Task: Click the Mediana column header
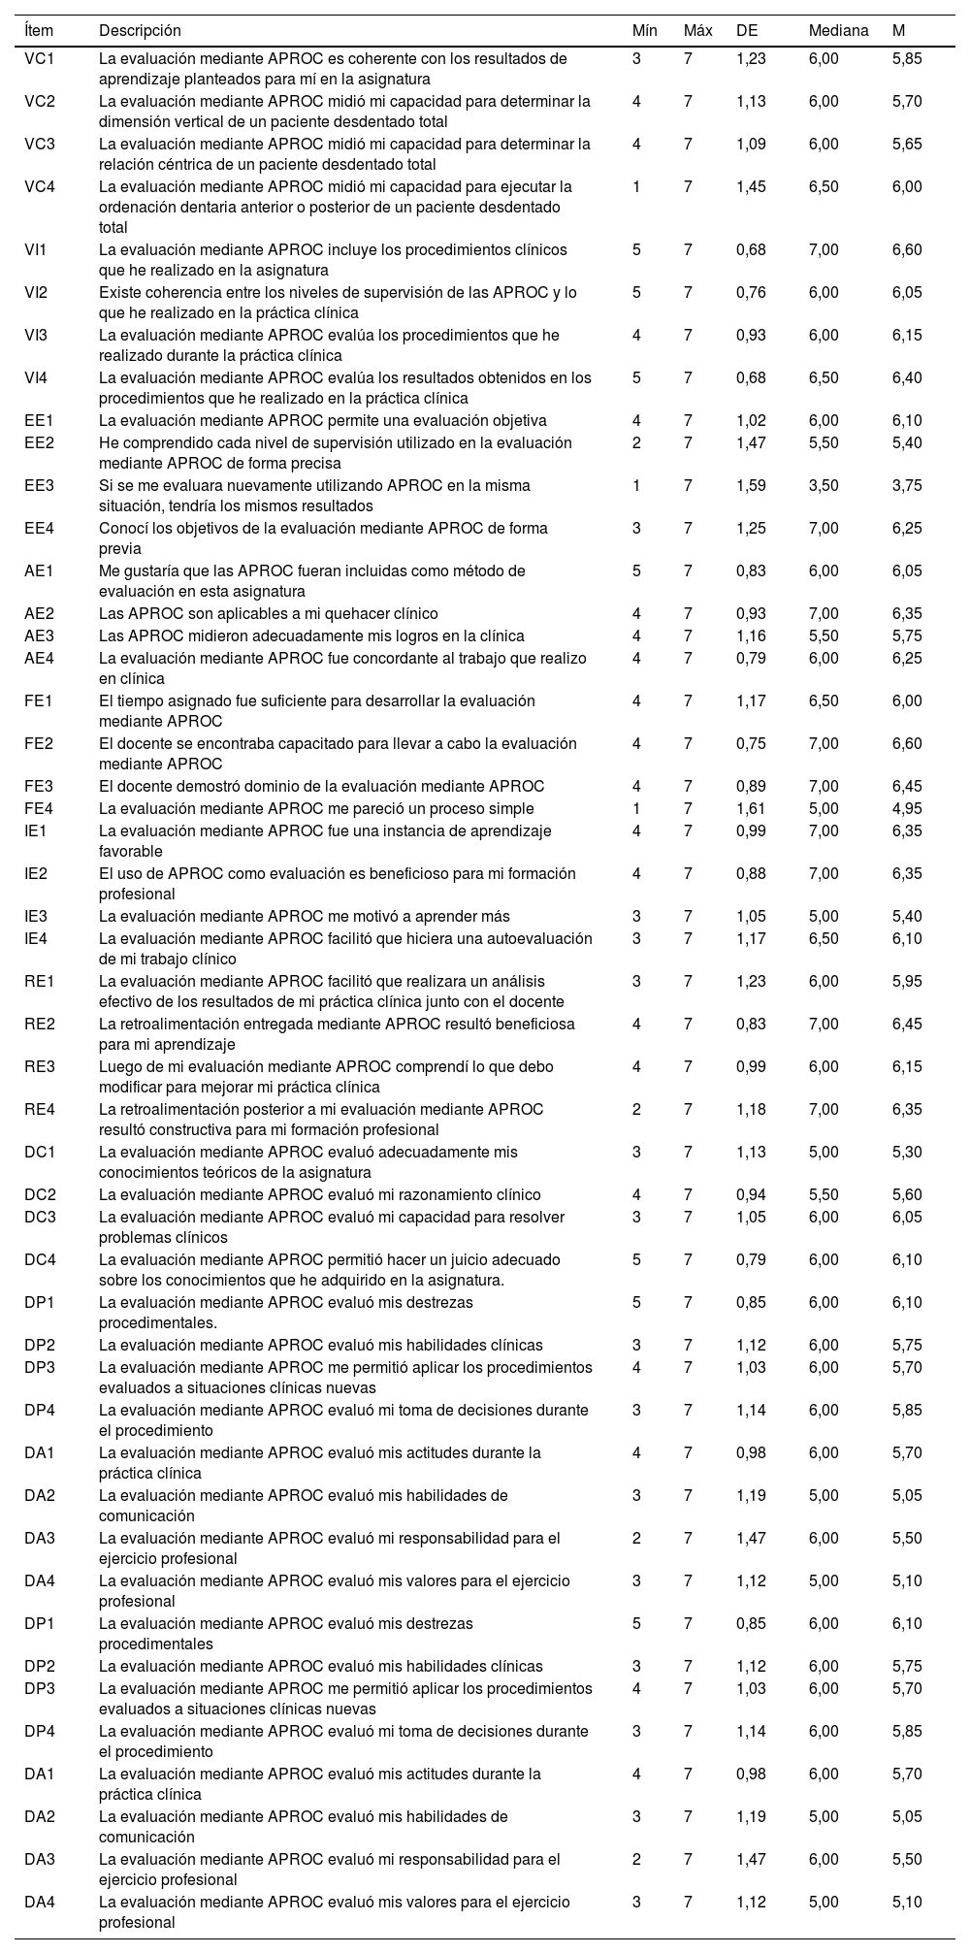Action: (838, 31)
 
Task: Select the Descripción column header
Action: (140, 31)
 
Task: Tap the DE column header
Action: (747, 31)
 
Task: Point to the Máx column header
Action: (697, 31)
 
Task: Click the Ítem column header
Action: (40, 31)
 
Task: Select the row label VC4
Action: (40, 186)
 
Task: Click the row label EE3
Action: (40, 485)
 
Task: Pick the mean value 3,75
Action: (907, 485)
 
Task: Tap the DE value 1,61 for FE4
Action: (751, 808)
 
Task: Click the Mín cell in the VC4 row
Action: (636, 186)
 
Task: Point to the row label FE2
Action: (40, 743)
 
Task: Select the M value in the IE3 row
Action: (907, 916)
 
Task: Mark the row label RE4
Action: (40, 1109)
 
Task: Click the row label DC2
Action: (40, 1194)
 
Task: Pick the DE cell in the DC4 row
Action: (751, 1259)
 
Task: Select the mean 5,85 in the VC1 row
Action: (907, 58)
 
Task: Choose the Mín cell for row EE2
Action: (636, 442)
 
